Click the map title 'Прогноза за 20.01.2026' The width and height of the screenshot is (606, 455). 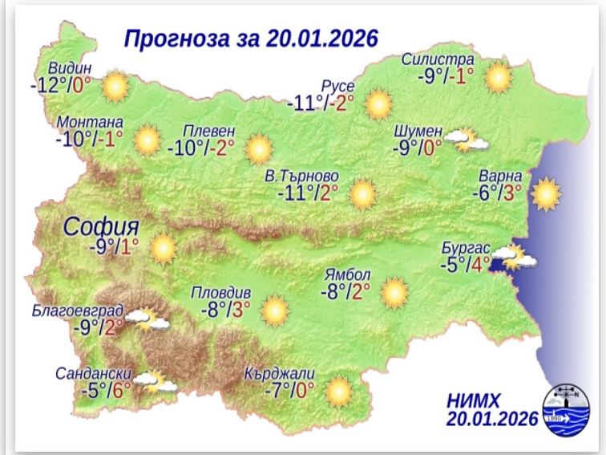[x=250, y=39]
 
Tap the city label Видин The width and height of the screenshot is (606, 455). [x=70, y=67]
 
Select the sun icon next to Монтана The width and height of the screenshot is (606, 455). [x=147, y=140]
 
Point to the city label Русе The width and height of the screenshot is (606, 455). [x=337, y=85]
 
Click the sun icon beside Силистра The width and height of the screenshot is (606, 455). [x=498, y=77]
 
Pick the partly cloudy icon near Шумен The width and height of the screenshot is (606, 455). [x=467, y=141]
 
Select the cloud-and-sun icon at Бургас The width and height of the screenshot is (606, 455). [x=513, y=257]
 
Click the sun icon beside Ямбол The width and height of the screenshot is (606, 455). [x=394, y=293]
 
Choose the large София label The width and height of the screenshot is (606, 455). [x=103, y=225]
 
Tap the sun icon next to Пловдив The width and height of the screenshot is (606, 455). [x=274, y=309]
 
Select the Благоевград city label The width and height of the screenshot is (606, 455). [x=78, y=309]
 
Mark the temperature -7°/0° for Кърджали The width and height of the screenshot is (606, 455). [x=289, y=391]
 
